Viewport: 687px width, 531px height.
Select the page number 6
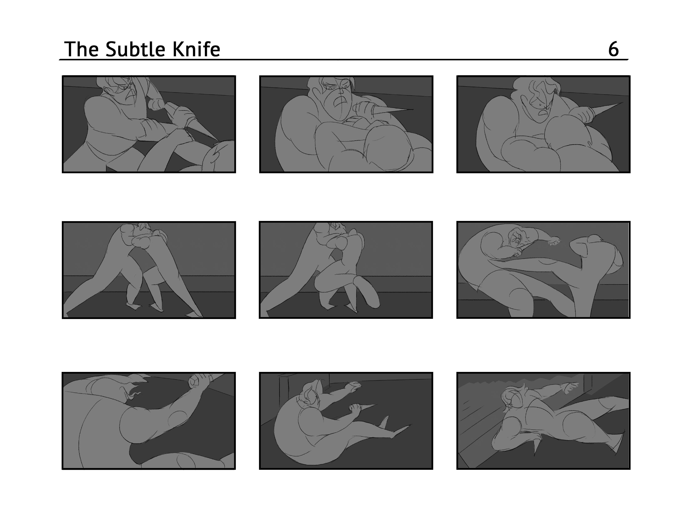pyautogui.click(x=613, y=49)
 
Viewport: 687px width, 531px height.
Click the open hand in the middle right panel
pyautogui.click(x=554, y=241)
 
